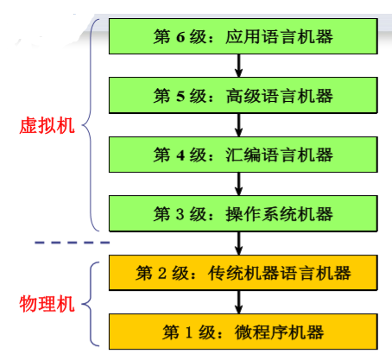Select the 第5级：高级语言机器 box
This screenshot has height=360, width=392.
pyautogui.click(x=243, y=96)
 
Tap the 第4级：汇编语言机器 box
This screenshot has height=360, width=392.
pyautogui.click(x=243, y=155)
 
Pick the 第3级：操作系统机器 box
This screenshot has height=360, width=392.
pyautogui.click(x=243, y=213)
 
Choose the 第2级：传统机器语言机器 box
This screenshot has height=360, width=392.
pyautogui.click(x=243, y=274)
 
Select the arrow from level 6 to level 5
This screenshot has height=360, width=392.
pyautogui.click(x=239, y=66)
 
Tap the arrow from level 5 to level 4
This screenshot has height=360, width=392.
pyautogui.click(x=239, y=125)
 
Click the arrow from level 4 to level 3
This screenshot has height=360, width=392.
pyautogui.click(x=239, y=184)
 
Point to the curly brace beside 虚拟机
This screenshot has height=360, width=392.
pyautogui.click(x=93, y=126)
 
